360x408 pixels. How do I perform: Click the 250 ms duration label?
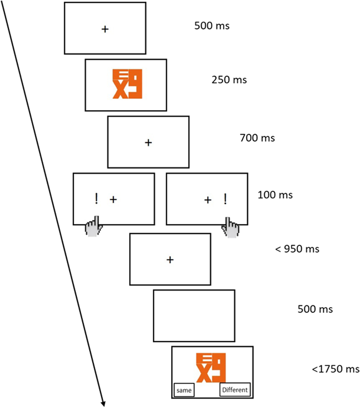point(229,80)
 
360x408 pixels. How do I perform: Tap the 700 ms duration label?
point(257,138)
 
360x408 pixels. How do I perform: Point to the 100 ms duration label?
point(276,195)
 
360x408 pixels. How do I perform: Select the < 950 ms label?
point(297,249)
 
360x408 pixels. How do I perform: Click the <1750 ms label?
point(335,369)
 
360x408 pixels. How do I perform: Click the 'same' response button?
point(184,390)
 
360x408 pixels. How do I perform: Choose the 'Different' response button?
point(235,390)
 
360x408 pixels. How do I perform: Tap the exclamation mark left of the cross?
point(96,199)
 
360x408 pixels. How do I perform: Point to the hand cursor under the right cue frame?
point(230,228)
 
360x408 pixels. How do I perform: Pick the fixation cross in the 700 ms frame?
point(148,142)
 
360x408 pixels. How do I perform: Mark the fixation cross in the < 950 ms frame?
point(170,260)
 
